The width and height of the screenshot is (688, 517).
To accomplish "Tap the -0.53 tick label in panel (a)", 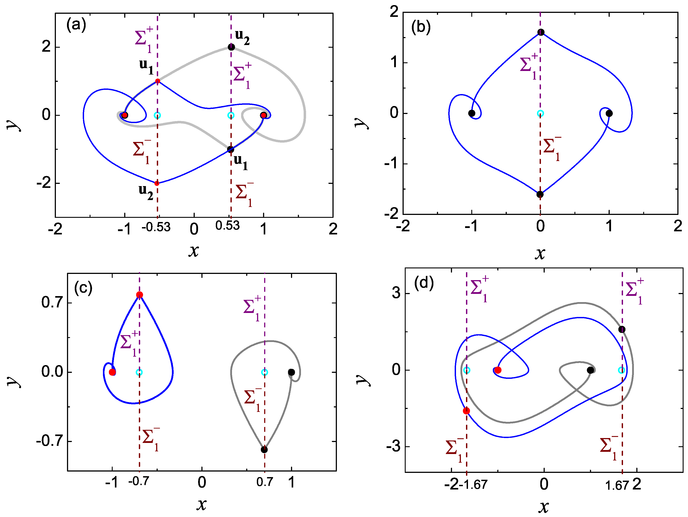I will pyautogui.click(x=156, y=227).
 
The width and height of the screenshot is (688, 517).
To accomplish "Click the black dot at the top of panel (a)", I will pyautogui.click(x=231, y=47).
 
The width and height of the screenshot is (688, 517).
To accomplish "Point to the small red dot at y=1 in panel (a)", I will pyautogui.click(x=158, y=81).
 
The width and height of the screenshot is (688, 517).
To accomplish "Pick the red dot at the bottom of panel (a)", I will pyautogui.click(x=157, y=183).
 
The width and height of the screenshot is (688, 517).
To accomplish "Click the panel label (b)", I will pyautogui.click(x=421, y=27).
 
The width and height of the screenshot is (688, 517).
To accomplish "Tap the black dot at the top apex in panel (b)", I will pyautogui.click(x=541, y=32).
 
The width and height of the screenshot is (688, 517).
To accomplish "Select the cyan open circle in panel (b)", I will pyautogui.click(x=540, y=113).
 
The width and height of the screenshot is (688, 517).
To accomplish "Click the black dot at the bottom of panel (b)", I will pyautogui.click(x=540, y=195).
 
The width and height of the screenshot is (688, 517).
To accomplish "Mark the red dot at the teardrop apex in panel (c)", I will pyautogui.click(x=140, y=295).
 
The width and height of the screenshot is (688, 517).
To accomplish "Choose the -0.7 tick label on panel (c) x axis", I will pyautogui.click(x=139, y=482).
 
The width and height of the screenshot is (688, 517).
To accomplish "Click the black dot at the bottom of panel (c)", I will pyautogui.click(x=264, y=450).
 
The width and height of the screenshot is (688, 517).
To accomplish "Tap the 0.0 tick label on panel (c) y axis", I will pyautogui.click(x=52, y=372).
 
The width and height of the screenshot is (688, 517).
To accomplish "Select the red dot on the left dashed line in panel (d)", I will pyautogui.click(x=466, y=411).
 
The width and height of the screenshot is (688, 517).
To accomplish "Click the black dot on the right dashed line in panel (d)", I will pyautogui.click(x=622, y=329).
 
